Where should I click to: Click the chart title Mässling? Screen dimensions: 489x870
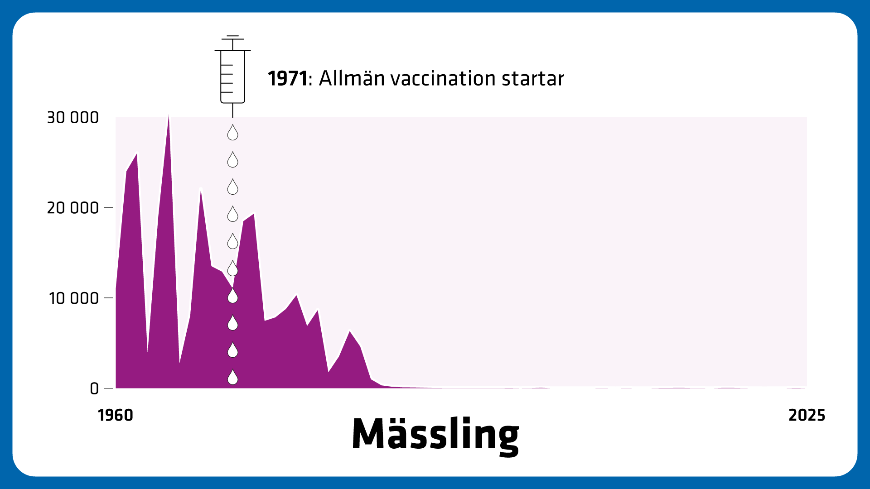[x=435, y=434]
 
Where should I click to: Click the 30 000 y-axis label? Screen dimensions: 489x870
[x=73, y=117]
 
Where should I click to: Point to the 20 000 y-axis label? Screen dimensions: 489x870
[x=73, y=208]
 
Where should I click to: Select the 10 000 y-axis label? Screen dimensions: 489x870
[x=74, y=298]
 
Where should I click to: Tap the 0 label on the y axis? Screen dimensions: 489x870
[x=94, y=388]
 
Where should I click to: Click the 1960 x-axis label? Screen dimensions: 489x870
[x=116, y=415]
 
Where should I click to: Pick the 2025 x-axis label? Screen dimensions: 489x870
[x=807, y=415]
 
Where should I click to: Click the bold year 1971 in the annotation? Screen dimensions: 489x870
[x=287, y=78]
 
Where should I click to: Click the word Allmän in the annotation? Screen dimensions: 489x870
[x=352, y=78]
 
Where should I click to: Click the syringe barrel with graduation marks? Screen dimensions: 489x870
[x=232, y=77]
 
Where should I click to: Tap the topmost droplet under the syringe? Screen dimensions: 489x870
[x=232, y=133]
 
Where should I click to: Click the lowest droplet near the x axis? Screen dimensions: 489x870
[x=232, y=378]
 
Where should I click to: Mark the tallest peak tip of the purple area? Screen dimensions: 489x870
[x=169, y=116]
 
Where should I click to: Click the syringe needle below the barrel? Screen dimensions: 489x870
[x=232, y=110]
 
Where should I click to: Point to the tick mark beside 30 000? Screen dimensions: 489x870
[x=108, y=117]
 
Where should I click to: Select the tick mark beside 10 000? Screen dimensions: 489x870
[x=108, y=298]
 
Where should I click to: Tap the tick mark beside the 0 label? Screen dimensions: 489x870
[x=108, y=388]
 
